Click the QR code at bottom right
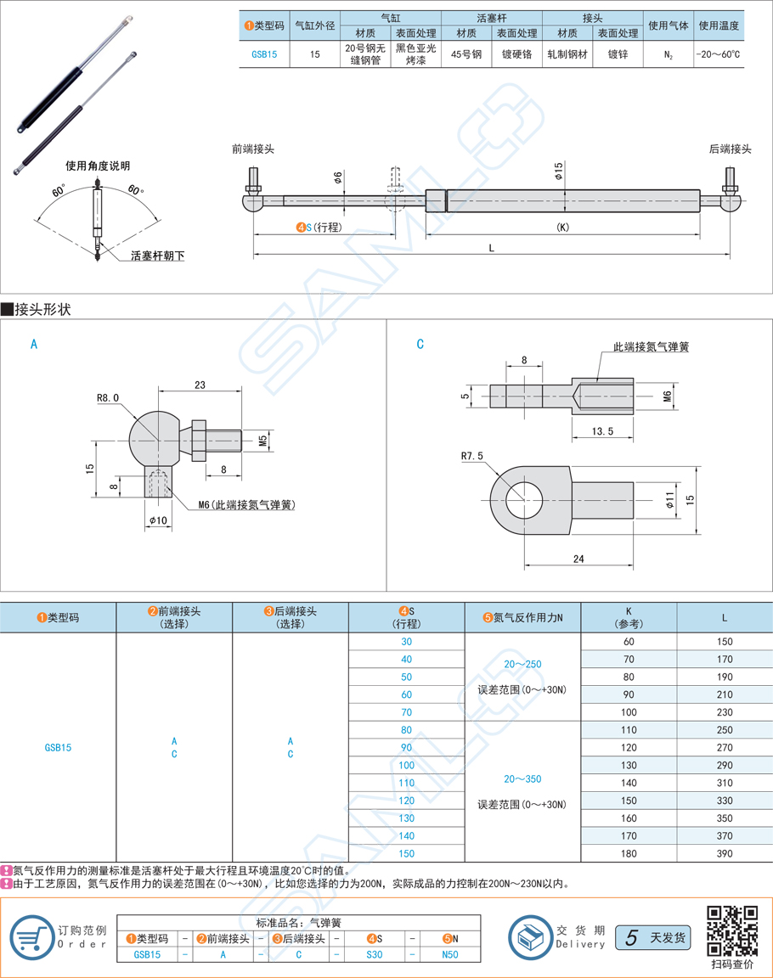click(x=731, y=931)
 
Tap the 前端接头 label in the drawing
click(x=252, y=149)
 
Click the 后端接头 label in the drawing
click(x=730, y=149)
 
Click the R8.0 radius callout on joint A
click(x=109, y=396)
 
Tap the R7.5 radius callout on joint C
click(x=471, y=456)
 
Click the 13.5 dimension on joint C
click(x=602, y=431)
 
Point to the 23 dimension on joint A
click(x=200, y=385)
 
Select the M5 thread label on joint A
click(x=263, y=441)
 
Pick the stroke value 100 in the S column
click(x=406, y=765)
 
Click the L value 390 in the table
click(x=724, y=853)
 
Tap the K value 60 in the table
click(x=629, y=641)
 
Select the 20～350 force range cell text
click(x=522, y=778)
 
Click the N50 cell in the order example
click(x=450, y=954)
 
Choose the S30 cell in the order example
click(x=374, y=954)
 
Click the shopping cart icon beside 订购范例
click(x=30, y=938)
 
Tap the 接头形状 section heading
click(x=42, y=309)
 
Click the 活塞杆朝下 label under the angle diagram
click(x=157, y=255)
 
